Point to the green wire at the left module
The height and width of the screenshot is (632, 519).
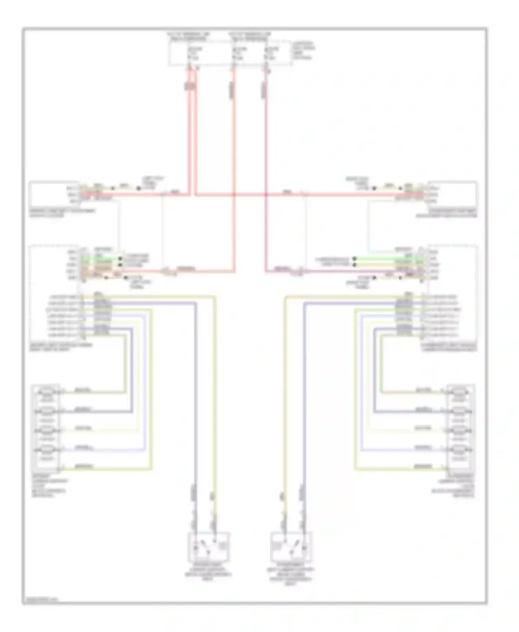coord(100,258)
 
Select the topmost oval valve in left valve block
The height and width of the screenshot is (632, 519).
coord(47,392)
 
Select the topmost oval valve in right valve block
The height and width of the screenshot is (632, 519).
coord(459,392)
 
